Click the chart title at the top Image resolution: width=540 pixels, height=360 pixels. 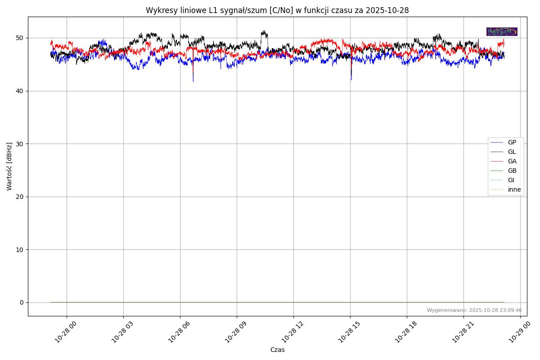(277, 10)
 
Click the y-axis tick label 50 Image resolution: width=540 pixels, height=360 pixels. (20, 38)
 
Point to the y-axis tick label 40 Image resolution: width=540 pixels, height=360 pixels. (20, 91)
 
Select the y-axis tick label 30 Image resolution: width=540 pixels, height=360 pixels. (20, 144)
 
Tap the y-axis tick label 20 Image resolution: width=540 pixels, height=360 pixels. (20, 197)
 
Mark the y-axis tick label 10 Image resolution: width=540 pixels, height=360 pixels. (20, 250)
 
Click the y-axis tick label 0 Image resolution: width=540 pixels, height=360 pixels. (22, 302)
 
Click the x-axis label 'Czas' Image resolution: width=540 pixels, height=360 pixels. (277, 350)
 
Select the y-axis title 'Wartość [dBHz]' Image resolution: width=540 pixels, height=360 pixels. (9, 166)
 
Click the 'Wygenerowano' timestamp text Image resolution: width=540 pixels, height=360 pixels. (474, 310)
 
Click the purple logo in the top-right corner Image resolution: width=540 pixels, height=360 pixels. (502, 31)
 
